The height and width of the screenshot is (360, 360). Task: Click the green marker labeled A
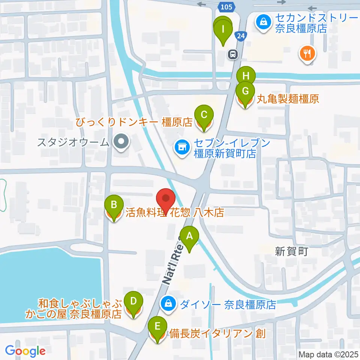(x=189, y=236)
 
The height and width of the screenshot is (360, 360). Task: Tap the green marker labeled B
(x=114, y=205)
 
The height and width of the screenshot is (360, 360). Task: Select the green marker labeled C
(x=204, y=115)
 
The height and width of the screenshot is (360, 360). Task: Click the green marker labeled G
(x=245, y=91)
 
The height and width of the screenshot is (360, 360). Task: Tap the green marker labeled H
(x=246, y=76)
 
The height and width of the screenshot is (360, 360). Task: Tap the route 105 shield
(x=226, y=6)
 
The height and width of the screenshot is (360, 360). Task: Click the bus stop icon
(x=233, y=55)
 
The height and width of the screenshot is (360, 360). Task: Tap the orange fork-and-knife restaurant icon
(x=307, y=53)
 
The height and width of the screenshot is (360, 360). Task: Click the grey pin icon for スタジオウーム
(x=121, y=142)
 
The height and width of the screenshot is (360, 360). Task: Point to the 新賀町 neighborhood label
(x=291, y=251)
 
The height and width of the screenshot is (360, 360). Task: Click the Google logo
(x=25, y=351)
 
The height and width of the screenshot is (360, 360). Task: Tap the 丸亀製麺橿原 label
(x=288, y=99)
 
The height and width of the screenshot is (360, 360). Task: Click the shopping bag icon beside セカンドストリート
(x=264, y=21)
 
